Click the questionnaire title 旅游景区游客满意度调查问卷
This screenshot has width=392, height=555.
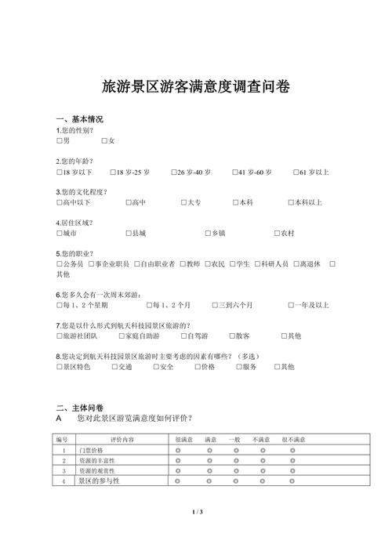[x=196, y=87]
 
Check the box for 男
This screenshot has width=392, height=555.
[x=60, y=140]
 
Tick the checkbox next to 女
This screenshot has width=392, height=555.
[x=104, y=140]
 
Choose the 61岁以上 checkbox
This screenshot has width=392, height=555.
[x=296, y=172]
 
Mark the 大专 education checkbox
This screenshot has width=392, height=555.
[x=183, y=203]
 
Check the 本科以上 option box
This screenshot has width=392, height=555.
[x=291, y=203]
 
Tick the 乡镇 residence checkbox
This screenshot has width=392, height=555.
[x=206, y=234]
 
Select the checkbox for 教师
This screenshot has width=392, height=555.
[x=182, y=264]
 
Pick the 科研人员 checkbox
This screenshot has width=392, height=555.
[x=257, y=264]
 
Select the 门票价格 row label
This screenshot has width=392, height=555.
[x=92, y=451]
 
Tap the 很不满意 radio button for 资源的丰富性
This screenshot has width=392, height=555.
[x=292, y=461]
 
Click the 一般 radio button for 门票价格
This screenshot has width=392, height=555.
[x=234, y=451]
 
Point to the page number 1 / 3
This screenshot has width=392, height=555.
[x=197, y=512]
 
